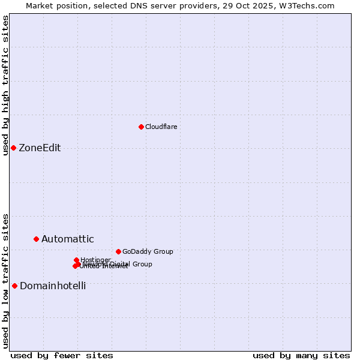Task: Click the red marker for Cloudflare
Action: point(141,127)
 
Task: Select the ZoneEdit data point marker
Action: point(13,148)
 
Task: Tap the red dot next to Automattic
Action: point(36,239)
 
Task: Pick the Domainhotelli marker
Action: point(14,286)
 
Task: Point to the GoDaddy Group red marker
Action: point(118,251)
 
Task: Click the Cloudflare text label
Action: point(161,127)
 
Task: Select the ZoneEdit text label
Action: point(40,148)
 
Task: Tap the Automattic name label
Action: point(67,239)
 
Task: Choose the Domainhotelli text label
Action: point(53,286)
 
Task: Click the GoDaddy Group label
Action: point(148,251)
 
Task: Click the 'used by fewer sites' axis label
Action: point(62,355)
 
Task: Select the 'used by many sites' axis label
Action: point(301,355)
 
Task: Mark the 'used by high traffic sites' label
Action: point(6,86)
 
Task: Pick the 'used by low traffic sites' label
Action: point(6,280)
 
